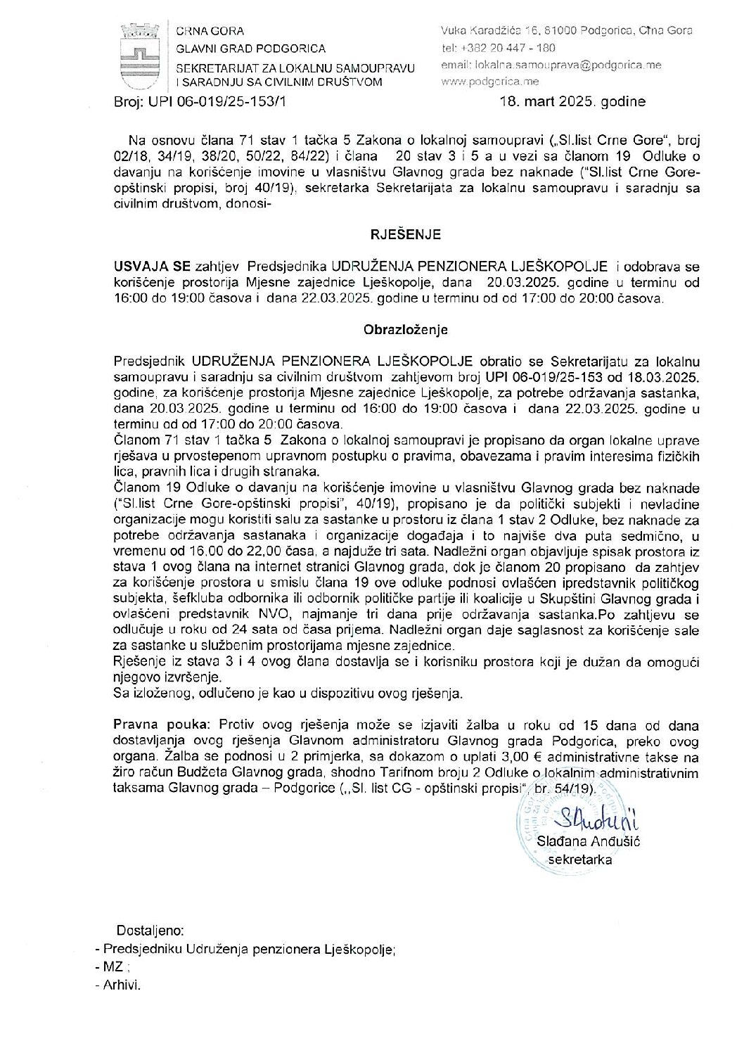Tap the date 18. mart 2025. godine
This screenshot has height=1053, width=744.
click(x=572, y=101)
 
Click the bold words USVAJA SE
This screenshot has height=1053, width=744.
click(x=148, y=267)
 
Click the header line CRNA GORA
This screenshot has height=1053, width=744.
click(x=210, y=31)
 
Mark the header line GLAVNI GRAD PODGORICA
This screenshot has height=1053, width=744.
click(x=250, y=49)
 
